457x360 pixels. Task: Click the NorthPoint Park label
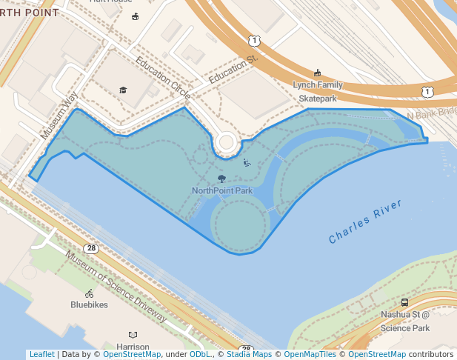(x=222, y=190)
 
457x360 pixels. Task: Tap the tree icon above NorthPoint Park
(x=221, y=179)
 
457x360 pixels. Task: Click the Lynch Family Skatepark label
(x=318, y=91)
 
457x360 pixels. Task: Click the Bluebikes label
(x=89, y=304)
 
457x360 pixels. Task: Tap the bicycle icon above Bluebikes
(x=90, y=293)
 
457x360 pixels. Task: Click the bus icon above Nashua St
(x=404, y=302)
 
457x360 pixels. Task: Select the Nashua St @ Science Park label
(x=405, y=321)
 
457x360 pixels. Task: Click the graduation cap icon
(x=123, y=90)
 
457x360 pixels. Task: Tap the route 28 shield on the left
(x=90, y=248)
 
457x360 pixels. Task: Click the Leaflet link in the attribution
(x=41, y=354)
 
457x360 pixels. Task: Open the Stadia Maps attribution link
(x=249, y=354)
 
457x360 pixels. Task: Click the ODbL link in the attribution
(x=200, y=354)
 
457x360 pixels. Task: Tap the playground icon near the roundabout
(x=247, y=163)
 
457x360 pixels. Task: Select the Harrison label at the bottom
(x=133, y=347)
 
